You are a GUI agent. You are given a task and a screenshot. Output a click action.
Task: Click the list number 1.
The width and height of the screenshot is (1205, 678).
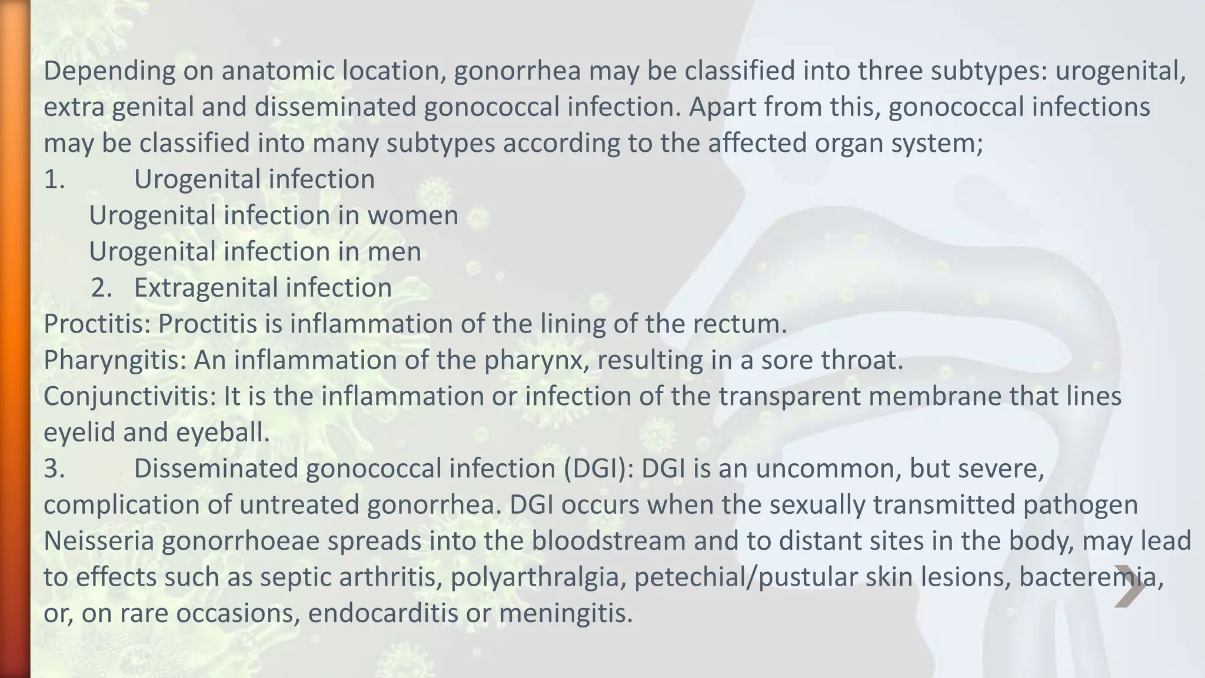[54, 180]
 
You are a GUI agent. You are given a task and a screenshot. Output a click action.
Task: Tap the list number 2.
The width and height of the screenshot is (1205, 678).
[102, 288]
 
